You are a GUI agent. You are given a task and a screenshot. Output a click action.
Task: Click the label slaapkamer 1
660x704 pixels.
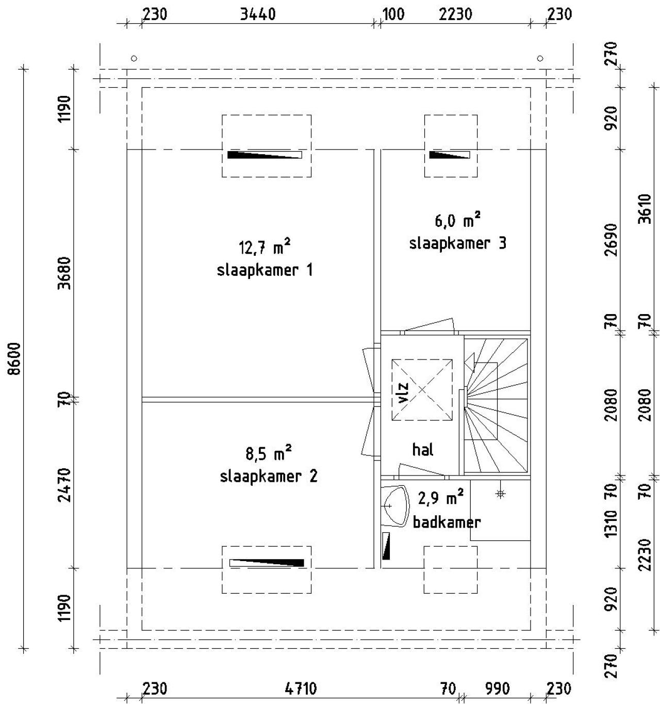[x=265, y=270]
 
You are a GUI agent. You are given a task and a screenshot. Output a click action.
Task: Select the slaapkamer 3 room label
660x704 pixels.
[x=457, y=243]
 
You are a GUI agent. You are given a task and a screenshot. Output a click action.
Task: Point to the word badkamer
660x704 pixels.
[x=447, y=522]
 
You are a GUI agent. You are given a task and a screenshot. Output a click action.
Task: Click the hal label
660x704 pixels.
[x=423, y=450]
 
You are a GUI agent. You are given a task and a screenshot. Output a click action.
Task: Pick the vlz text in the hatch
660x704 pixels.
[x=403, y=392]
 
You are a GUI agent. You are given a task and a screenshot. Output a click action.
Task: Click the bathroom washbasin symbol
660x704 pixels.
[x=393, y=506]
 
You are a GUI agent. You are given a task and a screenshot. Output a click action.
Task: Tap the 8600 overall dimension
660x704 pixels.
[x=15, y=359]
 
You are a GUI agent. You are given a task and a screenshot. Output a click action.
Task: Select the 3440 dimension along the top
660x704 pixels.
[x=257, y=14]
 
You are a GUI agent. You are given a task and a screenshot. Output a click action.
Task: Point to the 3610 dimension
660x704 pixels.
[x=645, y=209]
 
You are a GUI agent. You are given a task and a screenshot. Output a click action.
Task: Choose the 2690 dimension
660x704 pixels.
[x=611, y=240]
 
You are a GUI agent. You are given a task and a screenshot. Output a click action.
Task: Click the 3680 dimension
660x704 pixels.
[x=64, y=273]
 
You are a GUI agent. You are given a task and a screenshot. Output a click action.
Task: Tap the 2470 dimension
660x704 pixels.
[x=64, y=485]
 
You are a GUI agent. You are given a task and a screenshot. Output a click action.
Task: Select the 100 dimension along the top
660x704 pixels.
[x=393, y=14]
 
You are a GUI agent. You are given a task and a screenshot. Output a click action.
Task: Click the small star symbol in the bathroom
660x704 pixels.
[x=501, y=494]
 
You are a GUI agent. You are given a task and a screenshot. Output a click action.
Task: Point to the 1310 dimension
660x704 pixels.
[x=611, y=523]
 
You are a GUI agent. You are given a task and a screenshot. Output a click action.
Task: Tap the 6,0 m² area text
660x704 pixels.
[x=457, y=220]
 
